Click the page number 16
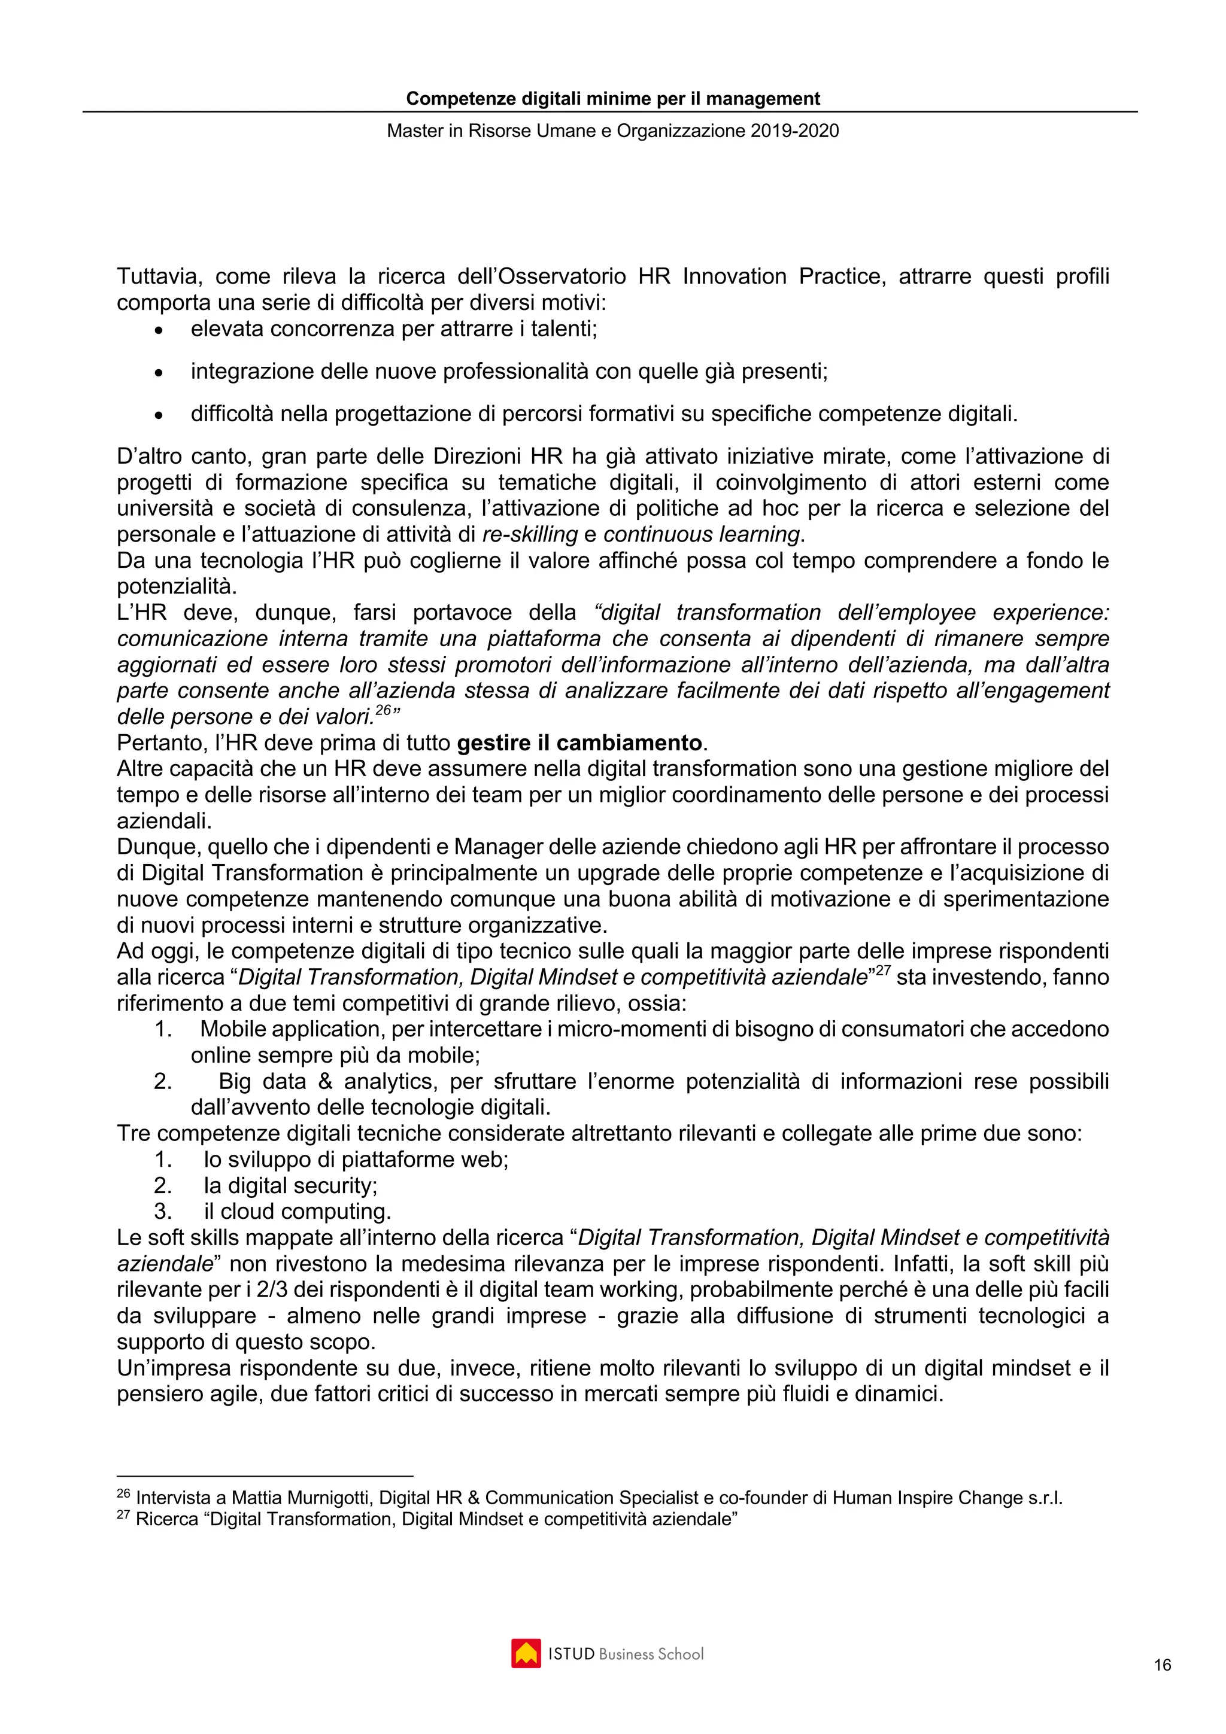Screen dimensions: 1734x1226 coord(1162,1665)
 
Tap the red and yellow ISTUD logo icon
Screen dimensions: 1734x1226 coord(526,1653)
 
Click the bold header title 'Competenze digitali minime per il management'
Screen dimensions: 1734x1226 coord(612,99)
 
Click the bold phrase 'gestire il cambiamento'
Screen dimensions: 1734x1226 coord(579,743)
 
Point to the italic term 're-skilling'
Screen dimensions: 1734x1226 coord(530,535)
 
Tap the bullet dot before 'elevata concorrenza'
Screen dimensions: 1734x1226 coord(159,331)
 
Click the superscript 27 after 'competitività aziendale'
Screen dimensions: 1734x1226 coord(882,971)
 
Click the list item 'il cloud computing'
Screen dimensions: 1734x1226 coord(297,1212)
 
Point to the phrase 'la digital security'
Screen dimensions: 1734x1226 coord(290,1186)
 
